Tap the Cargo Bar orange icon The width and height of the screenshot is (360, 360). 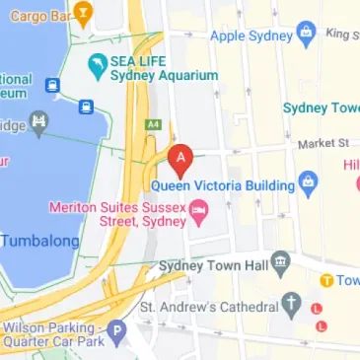(x=83, y=15)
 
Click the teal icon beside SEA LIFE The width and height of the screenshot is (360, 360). (x=98, y=68)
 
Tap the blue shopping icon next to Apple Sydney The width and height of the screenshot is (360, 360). (x=306, y=32)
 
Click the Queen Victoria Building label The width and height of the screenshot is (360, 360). (x=223, y=184)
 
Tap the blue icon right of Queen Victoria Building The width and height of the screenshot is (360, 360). (x=308, y=182)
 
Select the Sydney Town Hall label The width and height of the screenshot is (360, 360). (x=214, y=263)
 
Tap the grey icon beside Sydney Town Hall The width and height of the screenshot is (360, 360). (x=281, y=262)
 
